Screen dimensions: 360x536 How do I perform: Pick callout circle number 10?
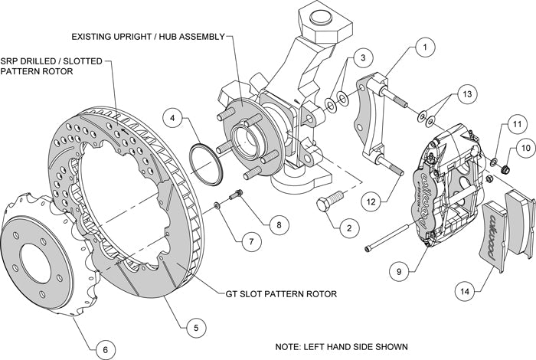(x=525, y=146)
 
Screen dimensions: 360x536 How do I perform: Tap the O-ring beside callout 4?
(x=206, y=162)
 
